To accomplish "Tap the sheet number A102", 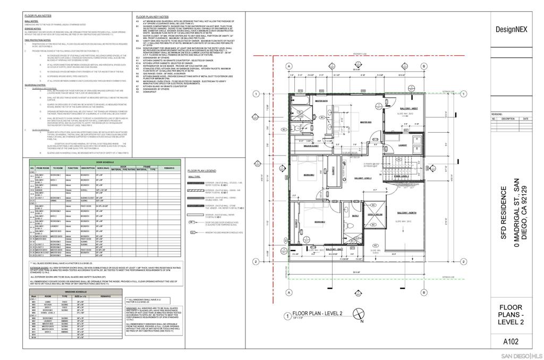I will [511, 341].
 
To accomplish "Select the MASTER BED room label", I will [365, 122].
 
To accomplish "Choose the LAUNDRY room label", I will [402, 144].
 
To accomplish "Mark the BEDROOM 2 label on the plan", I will [319, 222].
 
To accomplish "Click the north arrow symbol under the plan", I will [361, 318].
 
